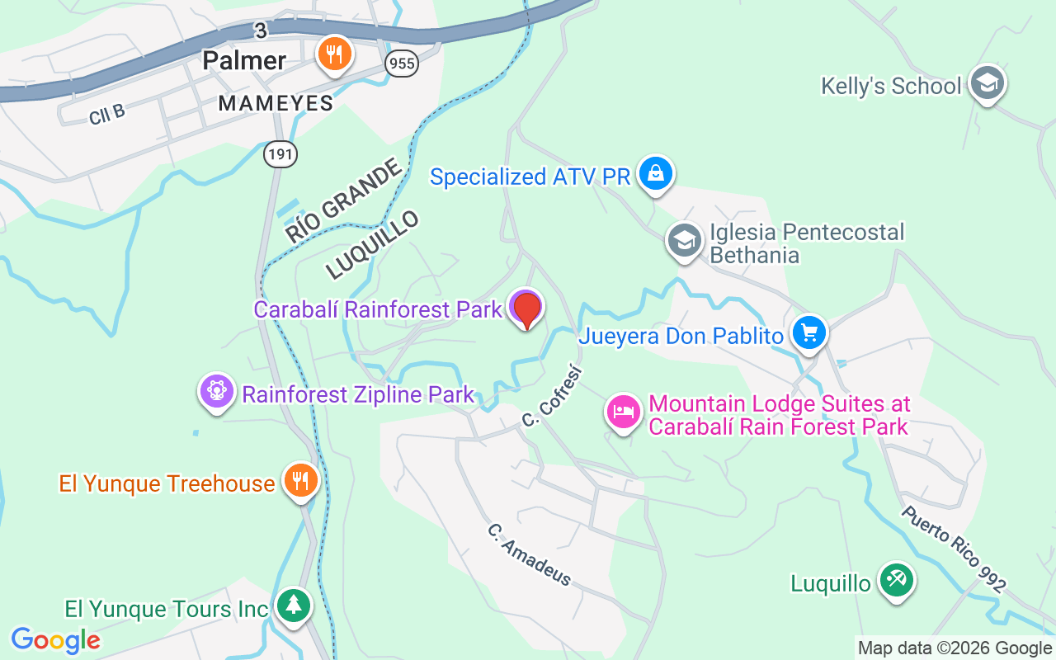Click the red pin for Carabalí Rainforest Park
(x=526, y=309)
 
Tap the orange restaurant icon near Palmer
(x=334, y=55)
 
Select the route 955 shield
(x=402, y=64)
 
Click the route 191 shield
(x=280, y=153)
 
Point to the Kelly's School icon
(x=988, y=83)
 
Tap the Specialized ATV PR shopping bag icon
(x=656, y=174)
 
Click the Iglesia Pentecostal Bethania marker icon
(x=684, y=242)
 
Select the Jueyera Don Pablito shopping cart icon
(x=808, y=333)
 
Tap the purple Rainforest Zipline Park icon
(x=217, y=391)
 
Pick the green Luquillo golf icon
(x=896, y=581)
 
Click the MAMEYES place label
(x=276, y=103)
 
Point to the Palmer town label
(x=244, y=60)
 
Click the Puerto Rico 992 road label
(x=953, y=549)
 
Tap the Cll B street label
(x=106, y=114)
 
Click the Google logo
(x=55, y=639)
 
